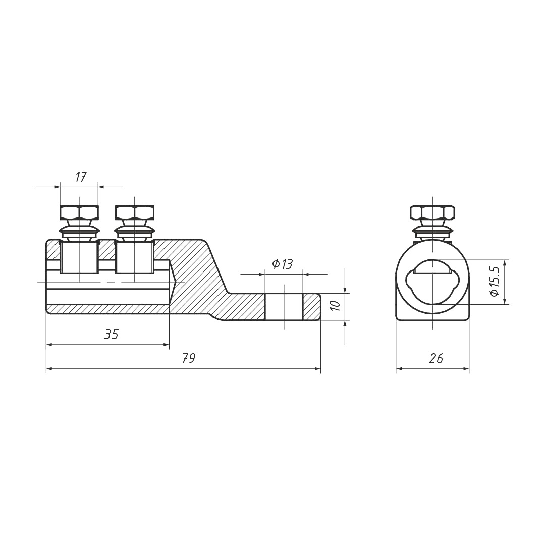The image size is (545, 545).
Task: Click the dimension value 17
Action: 81,177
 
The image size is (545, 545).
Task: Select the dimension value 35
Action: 111,334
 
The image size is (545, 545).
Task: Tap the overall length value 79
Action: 189,358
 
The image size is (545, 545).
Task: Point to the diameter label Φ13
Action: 283,264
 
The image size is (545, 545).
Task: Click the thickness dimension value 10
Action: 335,306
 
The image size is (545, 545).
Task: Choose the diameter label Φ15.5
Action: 494,282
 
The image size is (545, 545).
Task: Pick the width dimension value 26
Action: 436,358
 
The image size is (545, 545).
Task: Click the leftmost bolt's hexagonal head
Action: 79,212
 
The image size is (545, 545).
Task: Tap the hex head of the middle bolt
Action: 135,212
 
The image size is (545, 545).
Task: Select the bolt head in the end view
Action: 432,212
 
